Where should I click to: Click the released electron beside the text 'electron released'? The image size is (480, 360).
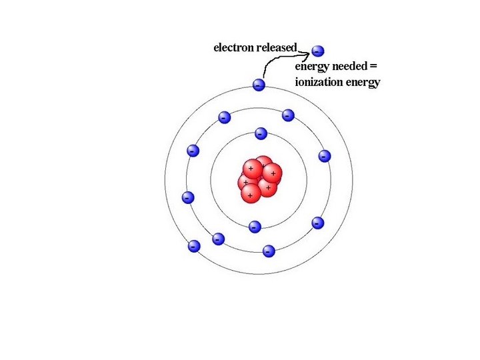(x=318, y=51)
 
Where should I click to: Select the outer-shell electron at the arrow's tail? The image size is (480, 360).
(x=259, y=85)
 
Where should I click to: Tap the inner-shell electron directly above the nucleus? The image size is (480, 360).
(x=261, y=133)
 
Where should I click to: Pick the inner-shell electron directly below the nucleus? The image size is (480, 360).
(x=254, y=227)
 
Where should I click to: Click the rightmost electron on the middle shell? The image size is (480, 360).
(x=325, y=156)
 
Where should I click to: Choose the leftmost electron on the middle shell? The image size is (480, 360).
(x=187, y=197)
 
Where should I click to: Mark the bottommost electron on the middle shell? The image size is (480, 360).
(x=268, y=251)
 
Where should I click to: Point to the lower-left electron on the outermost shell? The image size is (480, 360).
(x=194, y=246)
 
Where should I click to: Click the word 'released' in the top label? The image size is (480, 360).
(x=276, y=47)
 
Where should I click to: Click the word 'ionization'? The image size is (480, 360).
(x=317, y=83)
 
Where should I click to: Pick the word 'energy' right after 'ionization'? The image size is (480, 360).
(x=360, y=83)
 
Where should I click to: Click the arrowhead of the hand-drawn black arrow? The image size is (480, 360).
(x=308, y=51)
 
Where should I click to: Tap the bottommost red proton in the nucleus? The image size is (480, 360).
(x=251, y=194)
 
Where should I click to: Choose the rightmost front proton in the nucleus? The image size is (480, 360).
(x=272, y=174)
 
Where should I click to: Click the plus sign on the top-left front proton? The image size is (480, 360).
(x=251, y=168)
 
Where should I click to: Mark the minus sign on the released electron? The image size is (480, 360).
(x=317, y=51)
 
